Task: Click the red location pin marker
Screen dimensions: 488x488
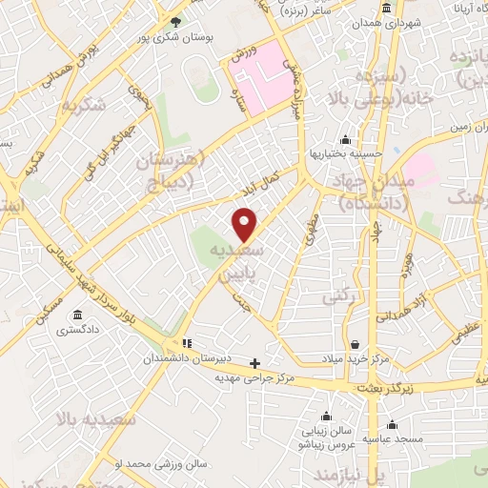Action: [246, 223]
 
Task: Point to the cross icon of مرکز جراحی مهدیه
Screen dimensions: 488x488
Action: [254, 362]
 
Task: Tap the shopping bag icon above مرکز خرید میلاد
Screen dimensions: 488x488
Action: [355, 344]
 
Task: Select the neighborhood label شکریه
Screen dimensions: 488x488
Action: [114, 96]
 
